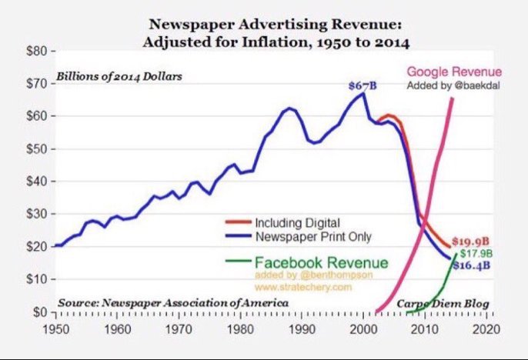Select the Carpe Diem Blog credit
click(442, 304)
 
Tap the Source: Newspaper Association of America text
click(172, 304)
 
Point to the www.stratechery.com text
click(311, 286)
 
